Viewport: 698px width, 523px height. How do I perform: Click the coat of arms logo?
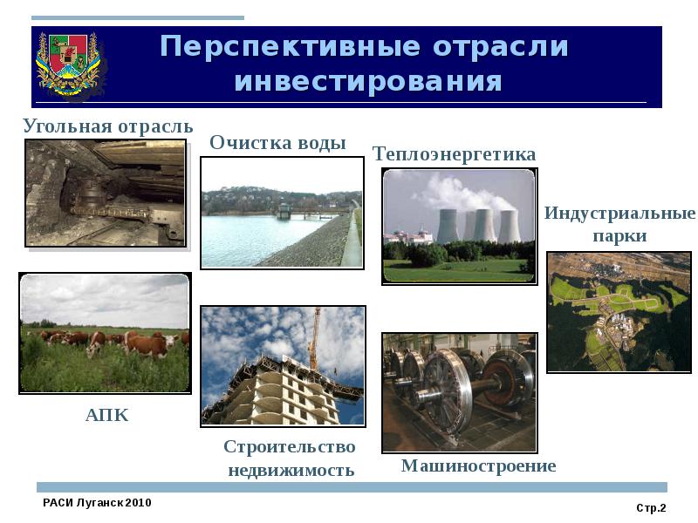tap(70, 65)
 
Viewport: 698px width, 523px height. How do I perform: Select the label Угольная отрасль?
tap(107, 126)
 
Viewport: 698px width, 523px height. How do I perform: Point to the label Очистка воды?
tap(278, 143)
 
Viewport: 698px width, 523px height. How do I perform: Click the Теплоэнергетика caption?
tap(454, 154)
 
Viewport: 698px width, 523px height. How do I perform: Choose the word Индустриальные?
tap(619, 214)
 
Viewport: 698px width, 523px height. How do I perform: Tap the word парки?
tap(619, 236)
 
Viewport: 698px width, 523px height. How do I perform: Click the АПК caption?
tap(106, 416)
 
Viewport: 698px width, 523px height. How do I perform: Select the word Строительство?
tap(290, 447)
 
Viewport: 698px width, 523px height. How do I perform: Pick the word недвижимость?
tap(291, 471)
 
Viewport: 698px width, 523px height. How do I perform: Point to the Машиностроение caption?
tap(478, 465)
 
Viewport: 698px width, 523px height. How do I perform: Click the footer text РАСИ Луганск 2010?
tap(97, 504)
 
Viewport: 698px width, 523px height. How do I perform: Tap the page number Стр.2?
tap(651, 507)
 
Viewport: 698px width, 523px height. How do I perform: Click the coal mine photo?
tap(106, 193)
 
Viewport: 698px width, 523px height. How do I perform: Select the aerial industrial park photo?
tap(618, 311)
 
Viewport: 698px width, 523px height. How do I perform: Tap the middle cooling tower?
tap(479, 224)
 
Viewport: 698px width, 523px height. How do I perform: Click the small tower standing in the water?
tap(283, 210)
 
